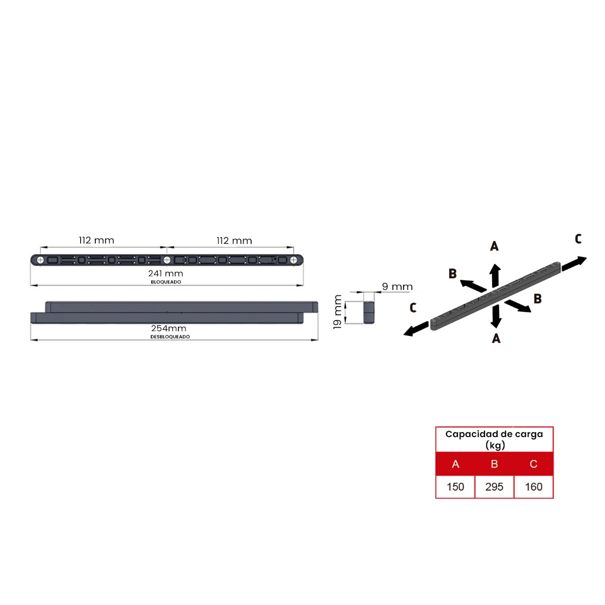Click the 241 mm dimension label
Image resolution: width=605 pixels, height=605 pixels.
pyautogui.click(x=165, y=274)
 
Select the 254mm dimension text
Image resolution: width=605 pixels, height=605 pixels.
pyautogui.click(x=168, y=328)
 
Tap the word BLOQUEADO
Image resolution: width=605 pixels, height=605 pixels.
pyautogui.click(x=166, y=282)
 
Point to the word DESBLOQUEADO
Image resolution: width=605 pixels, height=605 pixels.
pyautogui.click(x=170, y=337)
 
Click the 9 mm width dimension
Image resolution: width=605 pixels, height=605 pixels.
pyautogui.click(x=397, y=287)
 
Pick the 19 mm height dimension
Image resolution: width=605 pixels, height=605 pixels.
pyautogui.click(x=338, y=312)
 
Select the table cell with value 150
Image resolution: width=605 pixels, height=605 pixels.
pyautogui.click(x=455, y=487)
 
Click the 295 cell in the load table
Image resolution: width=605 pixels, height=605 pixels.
pyautogui.click(x=494, y=487)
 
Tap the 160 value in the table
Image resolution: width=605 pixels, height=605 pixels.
pyautogui.click(x=533, y=487)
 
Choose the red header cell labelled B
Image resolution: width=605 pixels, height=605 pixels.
pyautogui.click(x=494, y=464)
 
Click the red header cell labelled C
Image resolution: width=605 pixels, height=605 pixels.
pyautogui.click(x=533, y=464)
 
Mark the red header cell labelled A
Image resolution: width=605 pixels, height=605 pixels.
pyautogui.click(x=455, y=464)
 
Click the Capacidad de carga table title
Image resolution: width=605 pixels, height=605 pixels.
pyautogui.click(x=494, y=439)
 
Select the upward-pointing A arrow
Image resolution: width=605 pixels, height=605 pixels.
pyautogui.click(x=496, y=275)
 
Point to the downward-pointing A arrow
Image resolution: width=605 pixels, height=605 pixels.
pyautogui.click(x=497, y=317)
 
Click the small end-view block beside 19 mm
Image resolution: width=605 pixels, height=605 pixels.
pyautogui.click(x=369, y=312)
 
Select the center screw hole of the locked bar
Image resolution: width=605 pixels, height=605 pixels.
pyautogui.click(x=167, y=260)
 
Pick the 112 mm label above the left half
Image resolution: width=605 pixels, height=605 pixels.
pyautogui.click(x=96, y=240)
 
